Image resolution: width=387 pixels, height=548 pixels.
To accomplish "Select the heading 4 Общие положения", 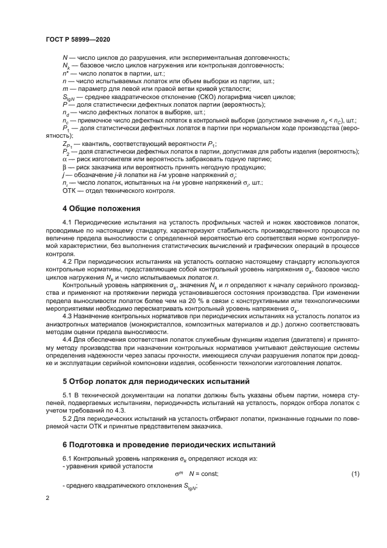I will pyautogui.click(x=101, y=207).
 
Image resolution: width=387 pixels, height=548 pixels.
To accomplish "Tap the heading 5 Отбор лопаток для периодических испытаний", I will pyautogui.click(x=156, y=380).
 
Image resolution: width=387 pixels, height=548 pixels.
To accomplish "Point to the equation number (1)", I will pyautogui.click(x=355, y=472).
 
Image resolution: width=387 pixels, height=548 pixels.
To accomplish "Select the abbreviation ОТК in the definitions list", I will pyautogui.click(x=70, y=190).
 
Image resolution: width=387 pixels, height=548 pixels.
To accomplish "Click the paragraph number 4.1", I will pyautogui.click(x=68, y=222).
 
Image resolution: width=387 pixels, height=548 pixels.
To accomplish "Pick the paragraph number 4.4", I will pyautogui.click(x=68, y=340).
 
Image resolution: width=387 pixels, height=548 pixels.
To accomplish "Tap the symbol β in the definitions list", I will pyautogui.click(x=64, y=167).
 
